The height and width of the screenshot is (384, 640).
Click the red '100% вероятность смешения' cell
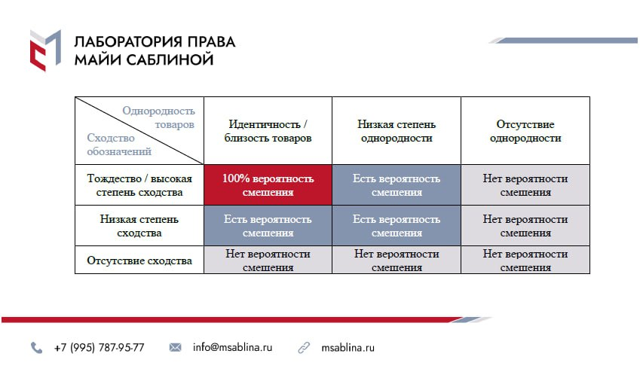[268, 185]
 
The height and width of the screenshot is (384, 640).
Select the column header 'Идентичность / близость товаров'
[268, 131]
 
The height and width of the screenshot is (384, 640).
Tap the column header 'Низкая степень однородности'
[397, 131]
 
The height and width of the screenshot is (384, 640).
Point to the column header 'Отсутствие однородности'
[525, 131]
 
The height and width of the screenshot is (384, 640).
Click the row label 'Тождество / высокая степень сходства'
[139, 185]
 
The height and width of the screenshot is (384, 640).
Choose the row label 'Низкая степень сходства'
[139, 226]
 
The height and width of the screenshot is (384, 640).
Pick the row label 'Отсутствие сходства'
[139, 261]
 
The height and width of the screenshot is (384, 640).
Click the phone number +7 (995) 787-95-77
[100, 348]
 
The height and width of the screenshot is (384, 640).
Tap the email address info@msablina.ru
[232, 347]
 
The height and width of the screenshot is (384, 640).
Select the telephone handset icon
[36, 348]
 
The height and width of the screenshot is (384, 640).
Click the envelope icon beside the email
[175, 347]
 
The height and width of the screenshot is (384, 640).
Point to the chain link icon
[304, 348]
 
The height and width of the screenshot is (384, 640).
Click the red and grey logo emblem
[45, 50]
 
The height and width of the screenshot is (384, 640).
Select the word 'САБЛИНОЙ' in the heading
[170, 59]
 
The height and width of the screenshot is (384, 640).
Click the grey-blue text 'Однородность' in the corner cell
[158, 111]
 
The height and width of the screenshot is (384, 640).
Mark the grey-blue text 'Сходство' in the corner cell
[111, 138]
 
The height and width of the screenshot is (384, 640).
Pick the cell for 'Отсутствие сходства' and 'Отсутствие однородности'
[525, 260]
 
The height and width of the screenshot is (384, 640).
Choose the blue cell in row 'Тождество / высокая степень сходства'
[397, 185]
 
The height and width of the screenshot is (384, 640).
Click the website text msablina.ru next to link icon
[348, 348]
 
